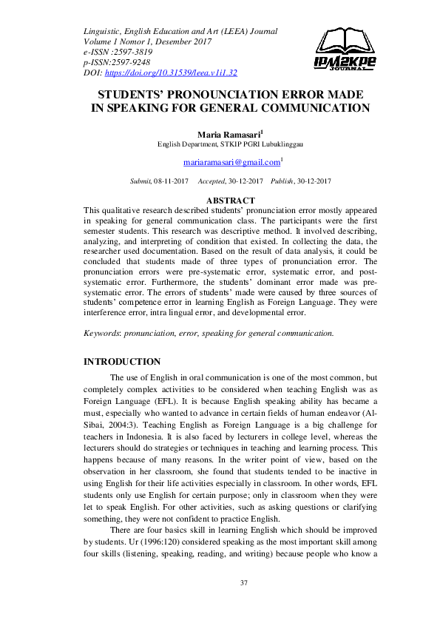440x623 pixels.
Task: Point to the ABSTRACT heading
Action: pos(231,201)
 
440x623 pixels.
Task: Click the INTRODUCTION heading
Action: pos(122,362)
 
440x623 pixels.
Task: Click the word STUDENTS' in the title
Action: pos(136,95)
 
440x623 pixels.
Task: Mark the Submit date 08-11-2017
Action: pos(171,181)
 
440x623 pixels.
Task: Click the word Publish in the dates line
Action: pos(282,181)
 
